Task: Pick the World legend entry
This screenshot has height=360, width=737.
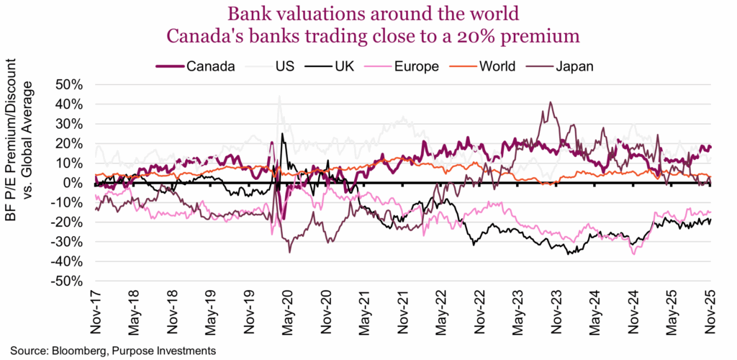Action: tap(499, 67)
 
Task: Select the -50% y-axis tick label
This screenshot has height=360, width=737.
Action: tap(66, 282)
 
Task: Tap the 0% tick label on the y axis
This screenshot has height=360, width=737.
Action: tap(73, 183)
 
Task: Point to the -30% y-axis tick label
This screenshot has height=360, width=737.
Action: tap(66, 242)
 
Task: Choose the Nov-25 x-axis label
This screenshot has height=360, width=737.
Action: tap(710, 314)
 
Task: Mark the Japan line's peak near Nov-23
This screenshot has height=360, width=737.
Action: tap(550, 102)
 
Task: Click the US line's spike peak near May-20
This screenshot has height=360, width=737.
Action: tap(279, 96)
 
